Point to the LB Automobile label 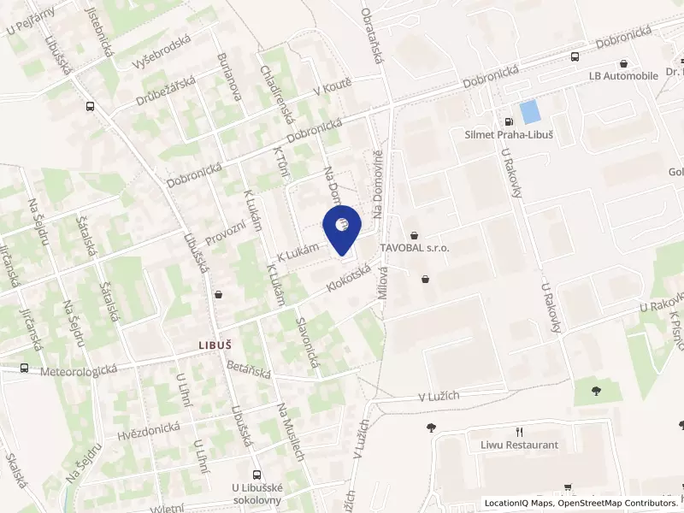click(624, 75)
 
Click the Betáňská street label click(249, 369)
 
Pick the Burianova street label click(230, 76)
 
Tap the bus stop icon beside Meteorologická click(25, 369)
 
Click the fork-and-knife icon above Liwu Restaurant click(518, 432)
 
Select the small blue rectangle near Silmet click(530, 111)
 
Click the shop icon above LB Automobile click(624, 62)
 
